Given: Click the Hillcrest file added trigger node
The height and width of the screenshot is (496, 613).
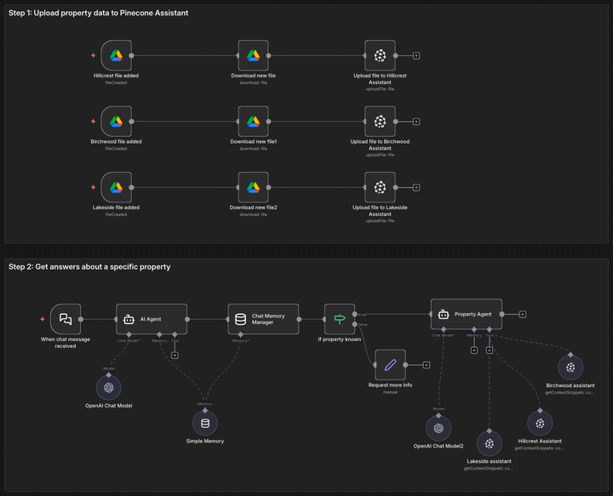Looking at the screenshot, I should (x=116, y=56).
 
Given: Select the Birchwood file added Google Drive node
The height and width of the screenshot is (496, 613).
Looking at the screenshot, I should (x=116, y=122).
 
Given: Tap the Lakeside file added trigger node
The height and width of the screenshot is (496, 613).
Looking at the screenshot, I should (x=116, y=187).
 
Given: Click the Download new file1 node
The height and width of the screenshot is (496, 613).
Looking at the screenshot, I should (x=253, y=122).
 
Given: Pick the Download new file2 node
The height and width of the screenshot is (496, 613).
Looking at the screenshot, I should (x=253, y=187).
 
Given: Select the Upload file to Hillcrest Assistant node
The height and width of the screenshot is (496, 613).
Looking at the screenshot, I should (x=380, y=56).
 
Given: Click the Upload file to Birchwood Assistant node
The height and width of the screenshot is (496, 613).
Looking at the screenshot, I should (x=380, y=122).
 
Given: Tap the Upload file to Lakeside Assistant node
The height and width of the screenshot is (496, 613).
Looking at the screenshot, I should (x=380, y=187).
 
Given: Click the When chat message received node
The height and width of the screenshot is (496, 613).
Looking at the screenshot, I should (x=66, y=319).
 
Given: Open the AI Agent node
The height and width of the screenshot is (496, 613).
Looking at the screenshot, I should (x=151, y=319).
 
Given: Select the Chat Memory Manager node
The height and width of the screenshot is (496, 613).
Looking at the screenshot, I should (x=263, y=319).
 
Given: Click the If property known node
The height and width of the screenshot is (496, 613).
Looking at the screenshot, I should (x=340, y=319).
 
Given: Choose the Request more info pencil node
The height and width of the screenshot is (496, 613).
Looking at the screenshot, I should (x=391, y=365).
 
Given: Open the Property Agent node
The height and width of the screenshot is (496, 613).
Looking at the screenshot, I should (x=466, y=314).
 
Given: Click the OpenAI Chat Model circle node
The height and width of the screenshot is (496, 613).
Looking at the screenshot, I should (x=108, y=387).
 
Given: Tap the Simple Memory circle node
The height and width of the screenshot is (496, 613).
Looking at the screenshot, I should (x=203, y=423).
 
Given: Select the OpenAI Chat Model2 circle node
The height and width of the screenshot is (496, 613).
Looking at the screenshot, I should (x=438, y=427).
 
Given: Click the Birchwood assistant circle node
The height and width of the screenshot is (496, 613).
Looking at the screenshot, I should (x=570, y=368).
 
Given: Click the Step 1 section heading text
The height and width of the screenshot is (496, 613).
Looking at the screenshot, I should (x=98, y=14).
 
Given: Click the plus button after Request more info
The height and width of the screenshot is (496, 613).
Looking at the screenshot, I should (x=426, y=365).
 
